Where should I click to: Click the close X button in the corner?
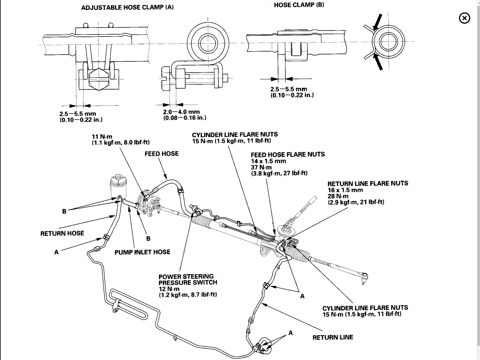tap(465, 18)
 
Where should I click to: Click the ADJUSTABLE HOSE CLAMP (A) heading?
tap(127, 7)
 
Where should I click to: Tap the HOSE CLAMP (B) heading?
tap(299, 5)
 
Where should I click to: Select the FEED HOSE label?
tap(162, 153)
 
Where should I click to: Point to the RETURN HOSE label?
tap(62, 233)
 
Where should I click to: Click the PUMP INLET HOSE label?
tap(142, 252)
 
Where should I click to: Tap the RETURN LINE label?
tap(333, 337)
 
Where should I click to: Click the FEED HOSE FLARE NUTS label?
tap(288, 154)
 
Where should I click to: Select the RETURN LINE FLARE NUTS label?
tap(368, 184)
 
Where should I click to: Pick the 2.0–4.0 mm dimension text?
tap(181, 112)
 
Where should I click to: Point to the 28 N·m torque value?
tap(338, 196)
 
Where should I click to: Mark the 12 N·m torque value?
tap(169, 289)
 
